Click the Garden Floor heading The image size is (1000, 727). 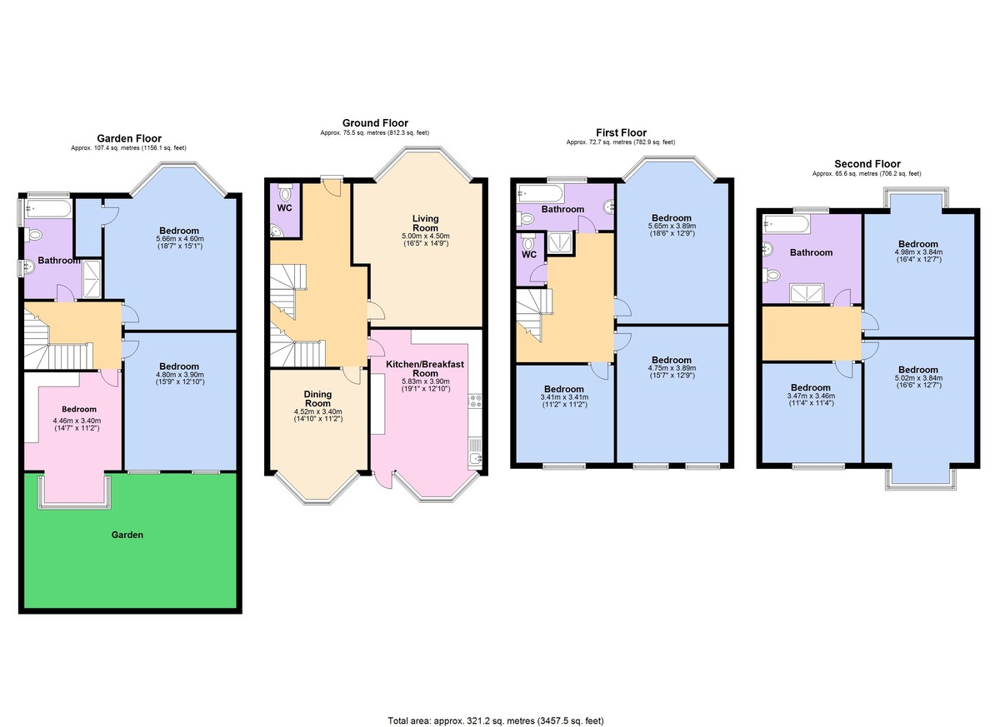pos(129,138)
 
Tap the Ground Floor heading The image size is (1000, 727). pos(375,122)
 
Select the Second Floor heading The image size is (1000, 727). pos(867,164)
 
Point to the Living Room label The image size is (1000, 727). pos(425,223)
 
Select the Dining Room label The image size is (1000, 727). pos(317,400)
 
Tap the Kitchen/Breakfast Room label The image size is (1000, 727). pos(425,369)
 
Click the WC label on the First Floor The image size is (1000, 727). pos(528,255)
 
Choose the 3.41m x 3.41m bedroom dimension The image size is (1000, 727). pos(563,397)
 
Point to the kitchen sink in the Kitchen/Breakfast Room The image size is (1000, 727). pos(475,457)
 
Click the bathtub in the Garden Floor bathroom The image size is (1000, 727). pos(48,207)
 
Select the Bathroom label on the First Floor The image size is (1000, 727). pos(562,209)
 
